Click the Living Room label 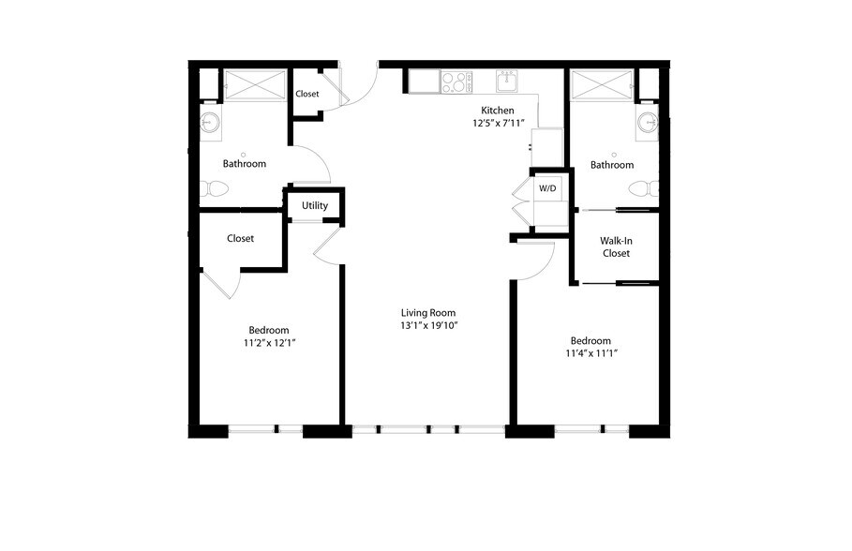point(429,313)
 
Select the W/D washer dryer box point(546,189)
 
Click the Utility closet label point(315,205)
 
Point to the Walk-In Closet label point(615,246)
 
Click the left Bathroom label point(244,164)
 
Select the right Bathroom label point(611,165)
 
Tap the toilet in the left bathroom point(215,188)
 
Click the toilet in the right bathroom point(646,188)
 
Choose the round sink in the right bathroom point(647,122)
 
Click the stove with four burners point(456,82)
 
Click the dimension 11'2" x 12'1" point(269,343)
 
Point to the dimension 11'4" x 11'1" point(590,353)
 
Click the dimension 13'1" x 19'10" point(429,326)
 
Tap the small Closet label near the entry point(306,94)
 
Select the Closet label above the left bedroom point(240,238)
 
